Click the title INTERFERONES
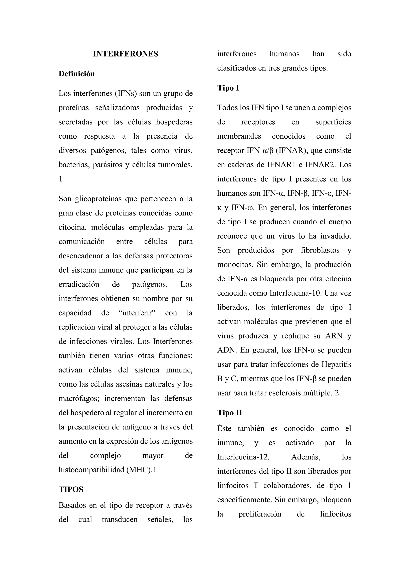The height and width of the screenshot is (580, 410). tap(126, 54)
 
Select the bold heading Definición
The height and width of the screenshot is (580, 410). tap(76, 74)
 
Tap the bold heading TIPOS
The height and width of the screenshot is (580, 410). tap(71, 489)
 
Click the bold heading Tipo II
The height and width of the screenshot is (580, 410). tap(229, 413)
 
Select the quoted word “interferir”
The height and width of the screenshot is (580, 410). tap(137, 313)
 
